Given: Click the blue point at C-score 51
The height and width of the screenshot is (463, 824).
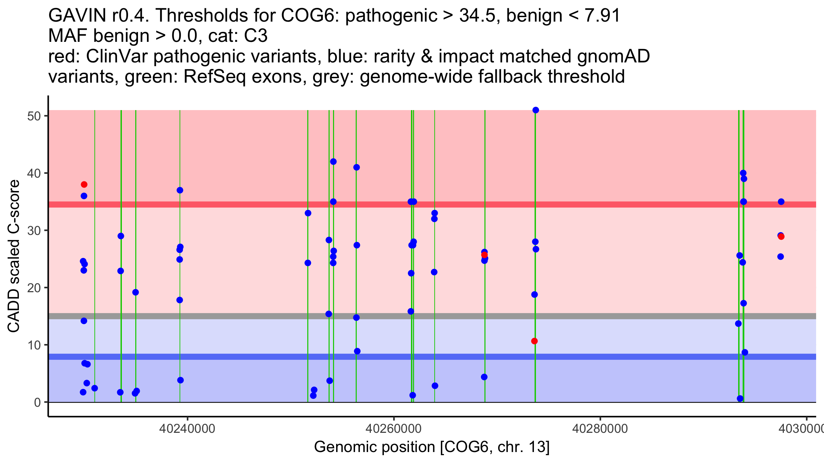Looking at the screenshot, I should tap(536, 110).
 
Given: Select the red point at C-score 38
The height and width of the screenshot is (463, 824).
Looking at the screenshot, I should tap(84, 185).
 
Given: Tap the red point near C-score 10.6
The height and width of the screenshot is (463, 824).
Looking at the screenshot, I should tap(534, 341).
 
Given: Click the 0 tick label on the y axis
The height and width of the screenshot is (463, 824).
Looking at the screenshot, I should tap(37, 402).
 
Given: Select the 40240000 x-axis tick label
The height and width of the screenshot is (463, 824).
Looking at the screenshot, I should tap(187, 429).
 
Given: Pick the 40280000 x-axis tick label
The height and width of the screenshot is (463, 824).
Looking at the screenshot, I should tap(600, 429).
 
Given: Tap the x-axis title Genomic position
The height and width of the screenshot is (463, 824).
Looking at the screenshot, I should tap(432, 447).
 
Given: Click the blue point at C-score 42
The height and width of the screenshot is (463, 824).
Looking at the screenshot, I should tap(333, 162).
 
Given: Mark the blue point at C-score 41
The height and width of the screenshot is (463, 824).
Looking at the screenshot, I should tap(356, 167).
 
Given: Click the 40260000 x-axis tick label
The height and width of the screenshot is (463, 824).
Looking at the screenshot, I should tap(393, 429).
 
